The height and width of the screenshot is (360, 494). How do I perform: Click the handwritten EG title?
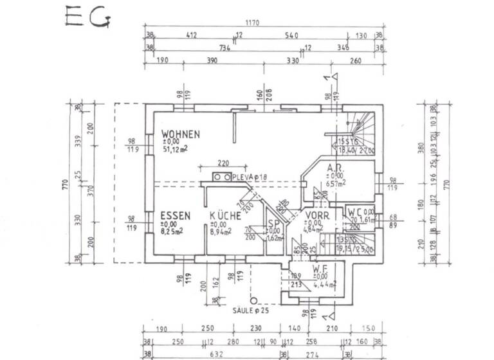pos(87,17)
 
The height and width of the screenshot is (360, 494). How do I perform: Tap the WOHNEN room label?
pos(181,134)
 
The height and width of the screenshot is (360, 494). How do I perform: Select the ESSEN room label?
pos(174,216)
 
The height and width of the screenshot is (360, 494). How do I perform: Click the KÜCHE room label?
pos(225,216)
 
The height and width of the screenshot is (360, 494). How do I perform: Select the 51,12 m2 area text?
pos(176,150)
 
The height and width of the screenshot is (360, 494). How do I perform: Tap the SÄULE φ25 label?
pos(253,310)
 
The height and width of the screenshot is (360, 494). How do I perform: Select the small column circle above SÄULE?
pos(254,300)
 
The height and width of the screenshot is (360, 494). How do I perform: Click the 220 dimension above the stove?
pos(223,163)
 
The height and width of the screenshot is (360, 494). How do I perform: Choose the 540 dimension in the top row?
pos(291,36)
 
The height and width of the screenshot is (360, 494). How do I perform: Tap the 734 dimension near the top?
pos(224,48)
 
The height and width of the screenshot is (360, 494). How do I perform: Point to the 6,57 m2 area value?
pos(336,183)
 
